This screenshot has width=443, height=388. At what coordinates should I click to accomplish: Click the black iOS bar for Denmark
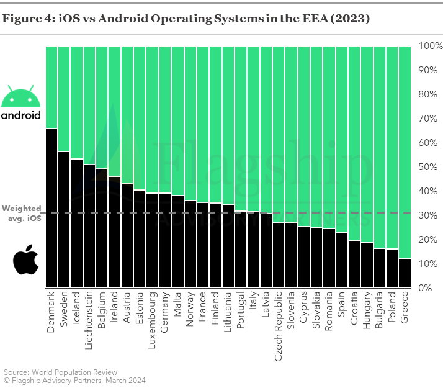click(x=51, y=208)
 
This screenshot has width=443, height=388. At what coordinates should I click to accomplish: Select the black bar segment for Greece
click(x=405, y=273)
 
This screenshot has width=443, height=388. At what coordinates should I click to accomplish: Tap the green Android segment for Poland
click(x=392, y=148)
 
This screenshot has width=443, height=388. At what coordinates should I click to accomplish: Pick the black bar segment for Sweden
click(x=64, y=220)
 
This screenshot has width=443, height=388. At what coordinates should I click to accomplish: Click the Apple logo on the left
click(x=26, y=259)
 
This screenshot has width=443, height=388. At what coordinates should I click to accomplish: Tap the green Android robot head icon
click(x=21, y=96)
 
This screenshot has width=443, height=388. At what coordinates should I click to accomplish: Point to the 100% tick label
click(x=431, y=46)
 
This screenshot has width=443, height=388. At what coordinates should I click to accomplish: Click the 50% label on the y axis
click(x=427, y=167)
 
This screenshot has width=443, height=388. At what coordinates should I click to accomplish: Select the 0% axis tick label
click(x=425, y=288)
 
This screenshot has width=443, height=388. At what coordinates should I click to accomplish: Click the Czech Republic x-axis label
click(x=279, y=327)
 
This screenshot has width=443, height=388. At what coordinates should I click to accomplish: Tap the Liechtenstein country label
click(x=89, y=320)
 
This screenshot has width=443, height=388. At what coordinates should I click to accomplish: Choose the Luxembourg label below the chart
click(x=152, y=320)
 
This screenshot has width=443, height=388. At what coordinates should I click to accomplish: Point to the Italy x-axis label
click(x=253, y=300)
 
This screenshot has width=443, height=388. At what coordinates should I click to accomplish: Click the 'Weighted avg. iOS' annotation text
click(x=22, y=213)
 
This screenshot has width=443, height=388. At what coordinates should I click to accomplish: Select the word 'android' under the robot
click(x=21, y=115)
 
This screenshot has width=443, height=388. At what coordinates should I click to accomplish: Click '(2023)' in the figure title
click(x=350, y=19)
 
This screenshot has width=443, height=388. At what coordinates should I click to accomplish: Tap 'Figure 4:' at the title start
click(x=29, y=19)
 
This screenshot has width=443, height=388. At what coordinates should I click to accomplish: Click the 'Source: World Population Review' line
click(x=60, y=372)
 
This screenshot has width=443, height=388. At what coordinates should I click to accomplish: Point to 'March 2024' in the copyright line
click(x=126, y=381)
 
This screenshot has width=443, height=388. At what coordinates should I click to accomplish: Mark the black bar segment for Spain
click(x=342, y=260)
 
